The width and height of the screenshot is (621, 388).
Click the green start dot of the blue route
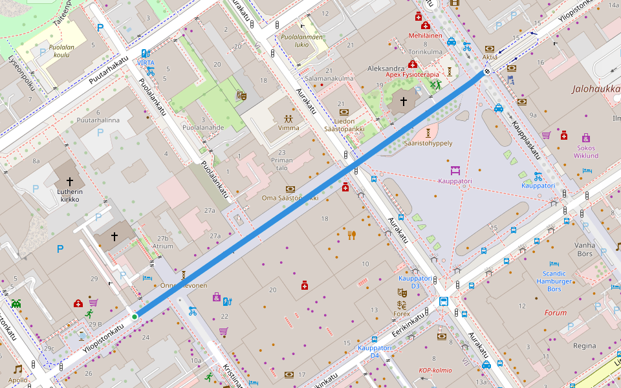[x=135, y=316]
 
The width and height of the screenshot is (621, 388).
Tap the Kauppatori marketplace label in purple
[x=455, y=181]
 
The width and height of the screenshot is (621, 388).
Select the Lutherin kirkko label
[x=69, y=195]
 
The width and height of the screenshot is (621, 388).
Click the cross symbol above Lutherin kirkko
[x=69, y=182]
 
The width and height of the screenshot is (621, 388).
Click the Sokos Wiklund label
[x=585, y=151]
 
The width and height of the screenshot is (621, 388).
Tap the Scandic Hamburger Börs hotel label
[x=553, y=281]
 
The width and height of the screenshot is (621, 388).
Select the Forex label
[x=402, y=314]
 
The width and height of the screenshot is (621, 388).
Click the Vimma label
[x=288, y=127]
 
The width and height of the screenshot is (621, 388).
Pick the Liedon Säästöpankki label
[x=344, y=125]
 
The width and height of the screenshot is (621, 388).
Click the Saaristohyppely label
[x=428, y=143]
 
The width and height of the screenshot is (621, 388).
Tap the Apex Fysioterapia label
[x=412, y=74]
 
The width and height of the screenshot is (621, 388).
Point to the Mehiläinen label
[x=425, y=36]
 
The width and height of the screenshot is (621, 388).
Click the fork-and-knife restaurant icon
[x=352, y=235]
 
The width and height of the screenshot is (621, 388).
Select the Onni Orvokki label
[x=184, y=285]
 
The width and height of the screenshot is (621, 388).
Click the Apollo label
[x=18, y=380]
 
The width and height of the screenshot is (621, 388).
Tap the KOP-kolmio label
[x=435, y=371]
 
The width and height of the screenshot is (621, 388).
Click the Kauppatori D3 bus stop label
[x=409, y=282]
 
